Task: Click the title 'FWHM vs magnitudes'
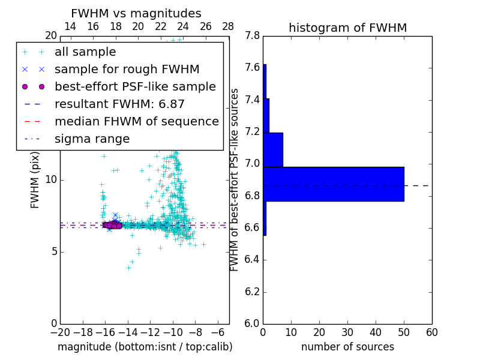coord(136,13)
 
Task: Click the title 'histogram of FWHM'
coord(347,28)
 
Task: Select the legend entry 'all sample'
coord(85,52)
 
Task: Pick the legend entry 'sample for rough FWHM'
coord(127,69)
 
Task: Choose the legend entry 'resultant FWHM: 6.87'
coord(119,104)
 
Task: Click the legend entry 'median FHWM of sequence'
coord(136,121)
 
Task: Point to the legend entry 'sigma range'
coord(92,139)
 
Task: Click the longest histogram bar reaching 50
coord(333,184)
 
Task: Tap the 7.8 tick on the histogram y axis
coord(253,36)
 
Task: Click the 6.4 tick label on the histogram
coord(253,260)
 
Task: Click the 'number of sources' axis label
coord(347,347)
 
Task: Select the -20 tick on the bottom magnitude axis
coord(60,332)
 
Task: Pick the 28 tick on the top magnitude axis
coord(228,26)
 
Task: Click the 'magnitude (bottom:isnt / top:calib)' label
coord(145,347)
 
